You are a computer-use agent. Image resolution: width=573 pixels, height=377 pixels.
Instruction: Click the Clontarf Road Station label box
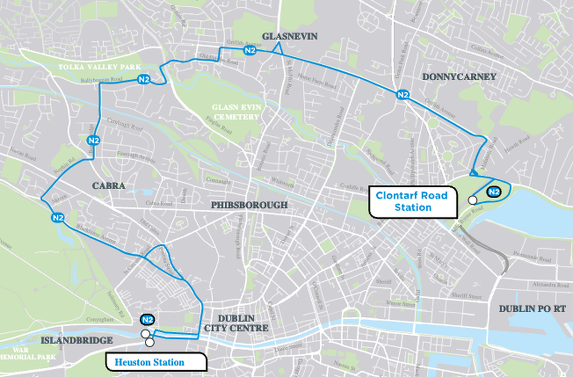411,201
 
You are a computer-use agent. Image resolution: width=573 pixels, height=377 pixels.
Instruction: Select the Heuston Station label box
155,362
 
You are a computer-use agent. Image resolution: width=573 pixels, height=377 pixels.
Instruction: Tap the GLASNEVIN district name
289,37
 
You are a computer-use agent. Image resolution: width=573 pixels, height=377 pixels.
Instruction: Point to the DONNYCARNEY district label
458,76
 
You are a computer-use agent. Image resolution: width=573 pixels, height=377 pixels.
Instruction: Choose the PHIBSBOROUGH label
249,205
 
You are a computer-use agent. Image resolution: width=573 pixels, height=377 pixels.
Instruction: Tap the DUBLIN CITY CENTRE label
236,323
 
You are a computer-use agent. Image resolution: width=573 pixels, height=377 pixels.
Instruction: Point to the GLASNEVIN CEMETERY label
236,112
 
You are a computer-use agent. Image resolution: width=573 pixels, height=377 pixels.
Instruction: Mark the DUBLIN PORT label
532,308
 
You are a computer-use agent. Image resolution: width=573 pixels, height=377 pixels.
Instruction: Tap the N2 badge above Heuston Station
148,320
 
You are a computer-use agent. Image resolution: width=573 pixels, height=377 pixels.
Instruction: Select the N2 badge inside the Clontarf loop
493,192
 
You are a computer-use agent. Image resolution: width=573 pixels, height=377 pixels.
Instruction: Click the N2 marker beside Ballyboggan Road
144,80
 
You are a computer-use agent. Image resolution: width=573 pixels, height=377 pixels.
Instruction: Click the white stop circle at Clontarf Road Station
472,200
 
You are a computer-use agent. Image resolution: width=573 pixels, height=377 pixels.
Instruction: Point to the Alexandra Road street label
548,284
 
